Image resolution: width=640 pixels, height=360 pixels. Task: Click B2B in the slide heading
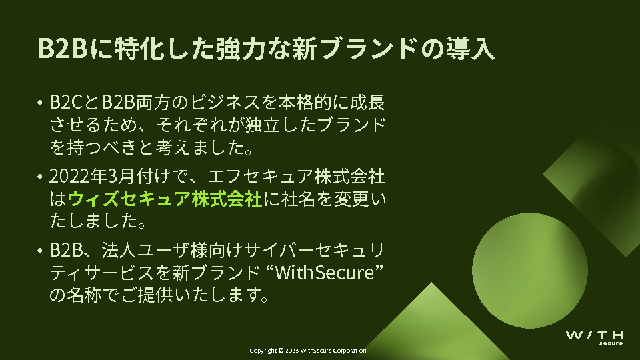63,49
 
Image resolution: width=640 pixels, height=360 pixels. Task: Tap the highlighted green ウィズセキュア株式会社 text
165,199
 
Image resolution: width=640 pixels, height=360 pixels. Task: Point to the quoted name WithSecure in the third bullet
325,273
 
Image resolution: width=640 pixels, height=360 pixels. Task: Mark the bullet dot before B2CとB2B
39,102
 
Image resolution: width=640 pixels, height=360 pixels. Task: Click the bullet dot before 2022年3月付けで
39,176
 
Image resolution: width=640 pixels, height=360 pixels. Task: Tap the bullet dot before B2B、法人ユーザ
39,250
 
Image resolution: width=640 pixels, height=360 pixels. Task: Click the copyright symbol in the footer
281,350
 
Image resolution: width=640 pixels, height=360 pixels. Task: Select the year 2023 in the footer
292,350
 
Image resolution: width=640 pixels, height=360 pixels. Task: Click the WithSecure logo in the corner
594,338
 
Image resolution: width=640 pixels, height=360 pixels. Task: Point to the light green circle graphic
530,270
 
